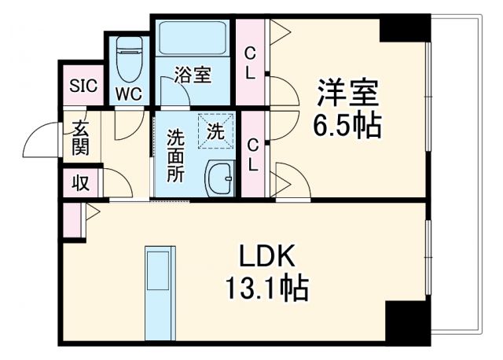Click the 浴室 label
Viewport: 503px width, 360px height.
pos(193,75)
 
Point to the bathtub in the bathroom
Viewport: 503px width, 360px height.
pos(193,39)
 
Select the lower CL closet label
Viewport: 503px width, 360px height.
pos(253,154)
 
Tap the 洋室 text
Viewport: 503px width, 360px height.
pos(348,93)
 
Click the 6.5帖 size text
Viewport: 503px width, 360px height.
pos(349,125)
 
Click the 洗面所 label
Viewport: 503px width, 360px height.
pos(174,154)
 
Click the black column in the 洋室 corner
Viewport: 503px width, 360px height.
pos(404,28)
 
